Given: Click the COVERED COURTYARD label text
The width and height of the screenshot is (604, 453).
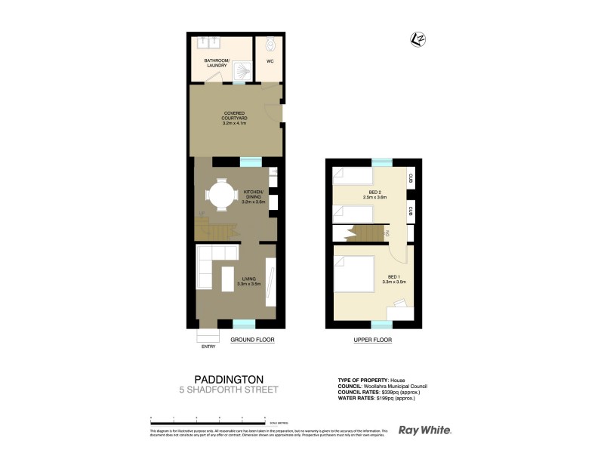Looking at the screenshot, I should coord(236,118).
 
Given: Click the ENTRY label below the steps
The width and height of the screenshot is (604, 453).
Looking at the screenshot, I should coord(208,347).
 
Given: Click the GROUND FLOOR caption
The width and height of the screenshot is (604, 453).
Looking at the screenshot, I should coord(252,341).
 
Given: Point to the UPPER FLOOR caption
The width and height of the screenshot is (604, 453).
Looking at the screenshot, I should coord(373,341).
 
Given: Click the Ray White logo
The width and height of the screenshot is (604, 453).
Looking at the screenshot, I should coord(425,430).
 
